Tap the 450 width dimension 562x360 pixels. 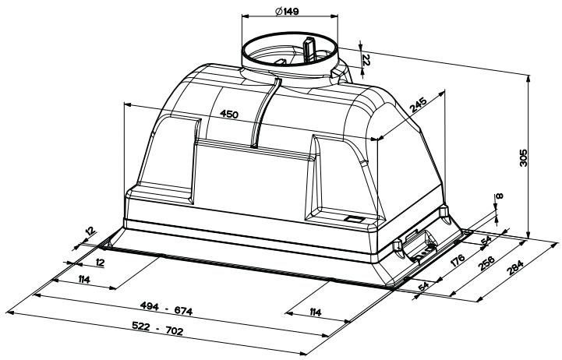coord(228,115)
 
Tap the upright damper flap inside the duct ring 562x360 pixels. coord(309,48)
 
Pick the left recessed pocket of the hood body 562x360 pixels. coord(166,160)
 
